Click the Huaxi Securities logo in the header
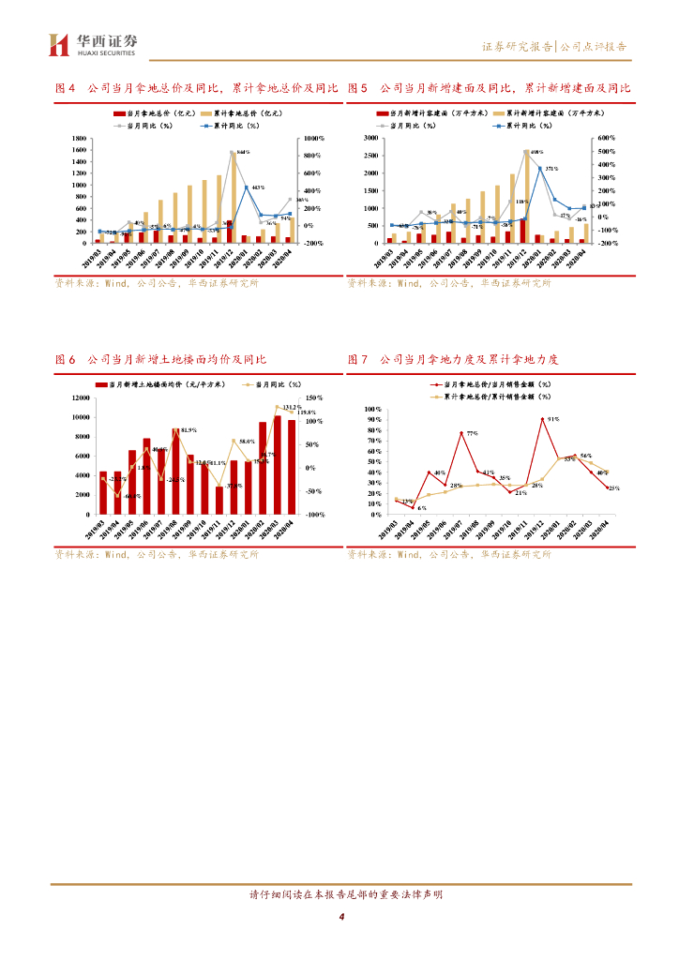[94, 43]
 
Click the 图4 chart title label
[65, 88]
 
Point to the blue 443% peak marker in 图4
[247, 187]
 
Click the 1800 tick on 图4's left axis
[80, 138]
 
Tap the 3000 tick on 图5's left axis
[371, 138]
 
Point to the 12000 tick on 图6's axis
[79, 398]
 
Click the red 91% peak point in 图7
[542, 419]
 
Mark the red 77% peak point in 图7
[460, 433]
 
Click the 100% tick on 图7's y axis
[371, 410]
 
